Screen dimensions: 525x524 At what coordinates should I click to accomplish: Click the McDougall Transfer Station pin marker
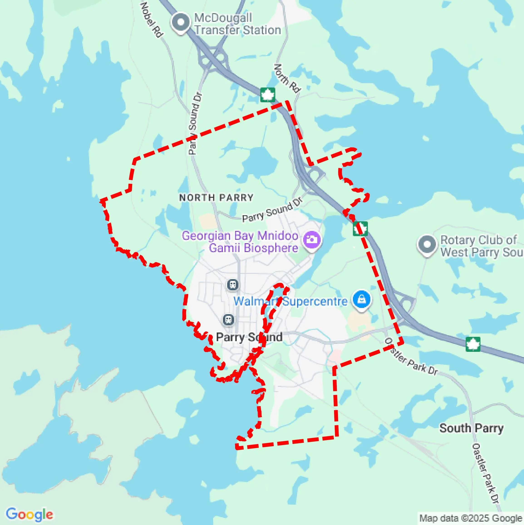pyautogui.click(x=181, y=22)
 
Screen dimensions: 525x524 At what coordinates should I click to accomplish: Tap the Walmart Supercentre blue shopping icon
pyautogui.click(x=362, y=300)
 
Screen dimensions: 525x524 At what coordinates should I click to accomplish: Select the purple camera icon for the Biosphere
pyautogui.click(x=312, y=240)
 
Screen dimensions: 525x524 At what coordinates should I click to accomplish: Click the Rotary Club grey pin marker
pyautogui.click(x=427, y=244)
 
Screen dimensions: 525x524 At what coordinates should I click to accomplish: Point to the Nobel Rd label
pyautogui.click(x=151, y=20)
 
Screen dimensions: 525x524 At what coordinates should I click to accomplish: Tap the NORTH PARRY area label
pyautogui.click(x=216, y=197)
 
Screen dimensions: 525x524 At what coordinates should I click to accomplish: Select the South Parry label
pyautogui.click(x=471, y=428)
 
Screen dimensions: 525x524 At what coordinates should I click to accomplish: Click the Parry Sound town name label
pyautogui.click(x=249, y=337)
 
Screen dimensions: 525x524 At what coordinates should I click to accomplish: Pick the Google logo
pyautogui.click(x=29, y=514)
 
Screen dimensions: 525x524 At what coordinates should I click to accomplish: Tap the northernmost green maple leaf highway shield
pyautogui.click(x=268, y=95)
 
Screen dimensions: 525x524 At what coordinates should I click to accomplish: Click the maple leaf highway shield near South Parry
pyautogui.click(x=473, y=344)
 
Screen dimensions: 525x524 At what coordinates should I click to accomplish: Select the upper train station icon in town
pyautogui.click(x=233, y=285)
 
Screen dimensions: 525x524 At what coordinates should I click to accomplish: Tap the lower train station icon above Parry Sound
pyautogui.click(x=229, y=320)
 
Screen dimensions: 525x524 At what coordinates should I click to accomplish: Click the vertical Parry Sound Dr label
pyautogui.click(x=195, y=124)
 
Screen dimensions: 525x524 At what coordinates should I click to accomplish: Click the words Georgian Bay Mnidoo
pyautogui.click(x=240, y=236)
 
